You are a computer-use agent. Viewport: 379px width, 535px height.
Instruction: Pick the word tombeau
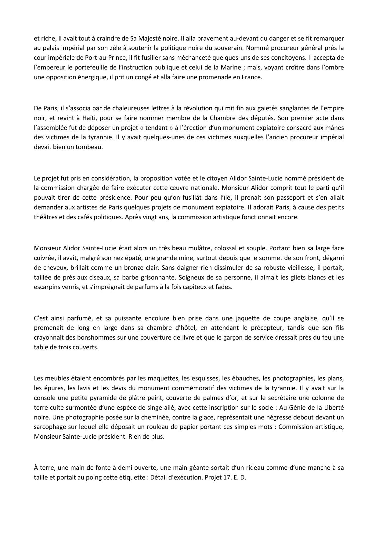pyautogui.click(x=92, y=147)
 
